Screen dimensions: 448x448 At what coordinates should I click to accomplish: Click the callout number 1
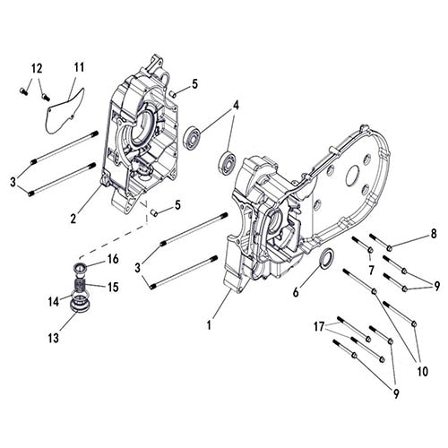(x=211, y=323)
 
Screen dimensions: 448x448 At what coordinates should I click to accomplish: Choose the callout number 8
(x=433, y=233)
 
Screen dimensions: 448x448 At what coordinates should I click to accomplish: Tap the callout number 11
(x=79, y=67)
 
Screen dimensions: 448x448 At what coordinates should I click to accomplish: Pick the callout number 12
(x=37, y=69)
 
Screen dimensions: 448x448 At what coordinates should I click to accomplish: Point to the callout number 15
(x=114, y=287)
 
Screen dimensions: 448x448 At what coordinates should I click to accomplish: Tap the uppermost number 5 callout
(x=194, y=83)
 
